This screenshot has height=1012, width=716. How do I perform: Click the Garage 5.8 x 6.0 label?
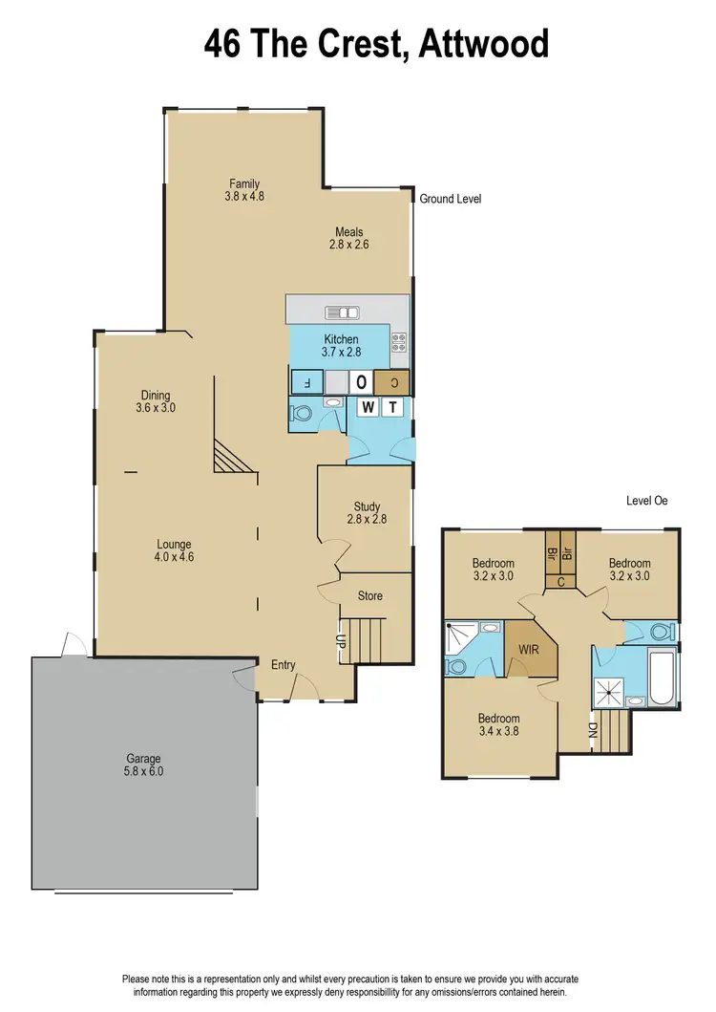point(143,762)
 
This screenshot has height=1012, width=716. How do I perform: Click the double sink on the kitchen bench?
point(342,312)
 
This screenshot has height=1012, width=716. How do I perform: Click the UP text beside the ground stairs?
point(340,641)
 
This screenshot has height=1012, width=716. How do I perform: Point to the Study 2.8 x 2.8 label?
point(367,513)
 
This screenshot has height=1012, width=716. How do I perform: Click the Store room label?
point(369,595)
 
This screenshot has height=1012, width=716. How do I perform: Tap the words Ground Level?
point(450,199)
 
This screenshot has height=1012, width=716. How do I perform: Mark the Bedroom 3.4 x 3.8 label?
point(498,725)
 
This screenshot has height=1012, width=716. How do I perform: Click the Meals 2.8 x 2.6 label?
point(348,237)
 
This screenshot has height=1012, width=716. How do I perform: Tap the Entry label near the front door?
point(284,665)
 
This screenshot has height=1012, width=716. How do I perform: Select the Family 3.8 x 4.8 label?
point(243,190)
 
